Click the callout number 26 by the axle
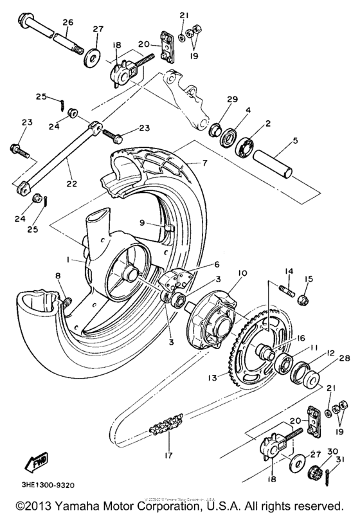(x=67, y=23)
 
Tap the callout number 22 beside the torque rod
(x=71, y=183)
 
